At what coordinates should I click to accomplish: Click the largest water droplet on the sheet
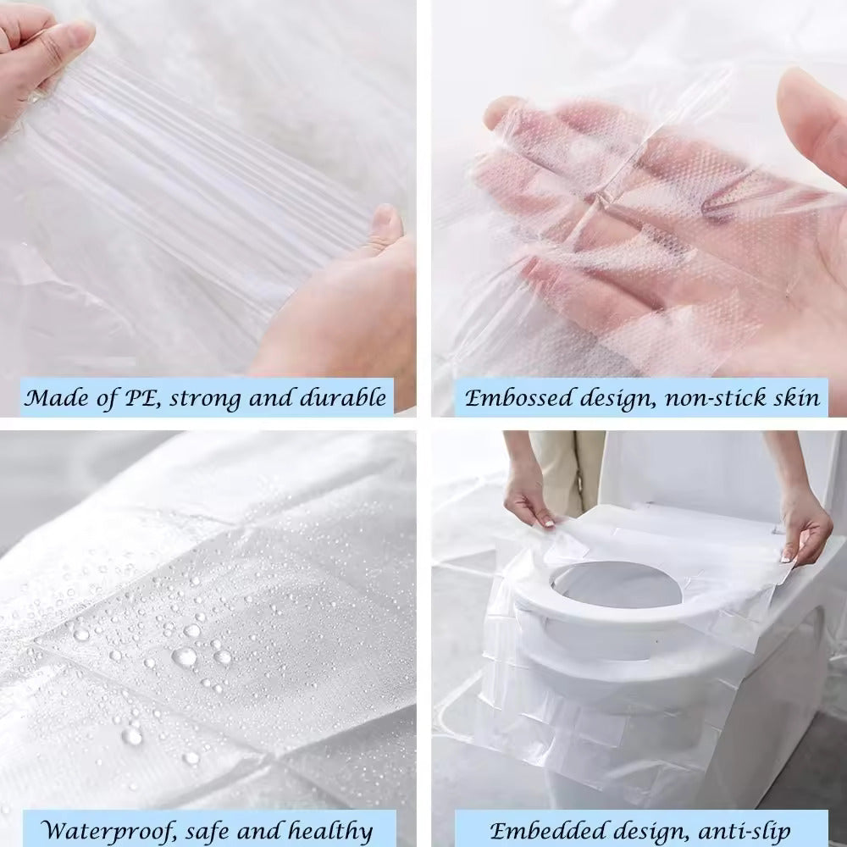[185, 656]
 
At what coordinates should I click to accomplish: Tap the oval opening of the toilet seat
[616, 585]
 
